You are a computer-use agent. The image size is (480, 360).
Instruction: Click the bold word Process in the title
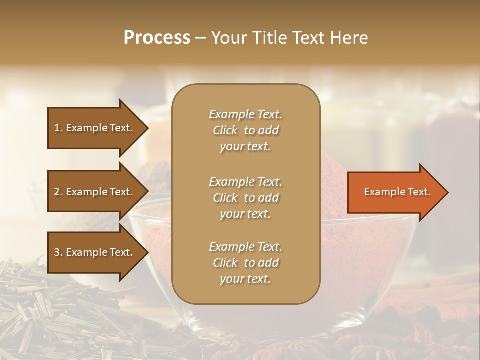[x=157, y=38]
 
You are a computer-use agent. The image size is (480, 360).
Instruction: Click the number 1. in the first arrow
[x=58, y=128]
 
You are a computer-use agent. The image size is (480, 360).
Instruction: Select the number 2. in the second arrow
[x=58, y=192]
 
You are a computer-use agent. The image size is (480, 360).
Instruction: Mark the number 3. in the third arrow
[x=58, y=252]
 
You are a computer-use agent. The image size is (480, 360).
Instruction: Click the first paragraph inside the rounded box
[x=245, y=130]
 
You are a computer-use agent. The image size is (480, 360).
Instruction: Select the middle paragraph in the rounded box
[x=245, y=198]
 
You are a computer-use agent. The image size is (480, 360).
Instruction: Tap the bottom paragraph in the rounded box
[x=245, y=263]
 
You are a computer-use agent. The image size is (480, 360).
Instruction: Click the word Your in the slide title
[x=228, y=38]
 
